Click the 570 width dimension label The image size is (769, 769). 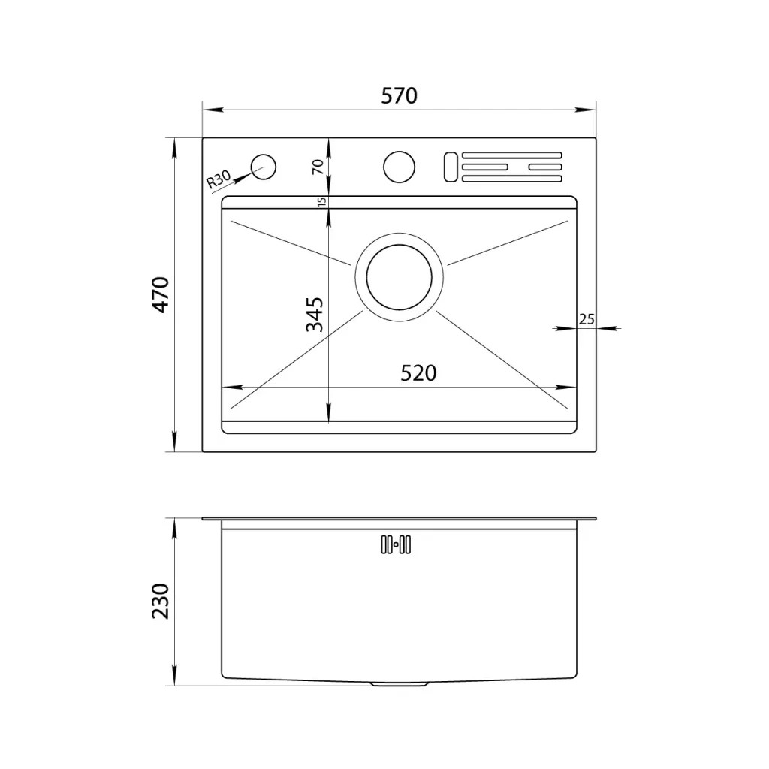(399, 95)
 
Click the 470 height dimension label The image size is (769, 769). (161, 294)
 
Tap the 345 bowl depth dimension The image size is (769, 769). (315, 315)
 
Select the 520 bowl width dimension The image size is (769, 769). (418, 373)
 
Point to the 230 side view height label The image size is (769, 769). (161, 601)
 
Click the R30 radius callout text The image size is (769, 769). (218, 179)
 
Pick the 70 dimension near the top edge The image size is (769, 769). (318, 167)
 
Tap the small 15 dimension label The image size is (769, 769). (321, 201)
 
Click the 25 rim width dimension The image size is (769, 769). (587, 320)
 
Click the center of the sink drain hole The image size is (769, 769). (400, 277)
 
